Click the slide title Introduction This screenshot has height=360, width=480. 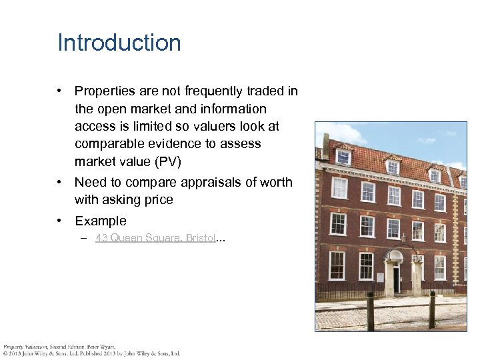coord(119,43)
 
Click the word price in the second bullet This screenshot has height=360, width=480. coord(157,200)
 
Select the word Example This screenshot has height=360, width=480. coord(101,221)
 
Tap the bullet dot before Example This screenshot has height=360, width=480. coord(60,221)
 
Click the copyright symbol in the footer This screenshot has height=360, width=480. coord(5,354)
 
